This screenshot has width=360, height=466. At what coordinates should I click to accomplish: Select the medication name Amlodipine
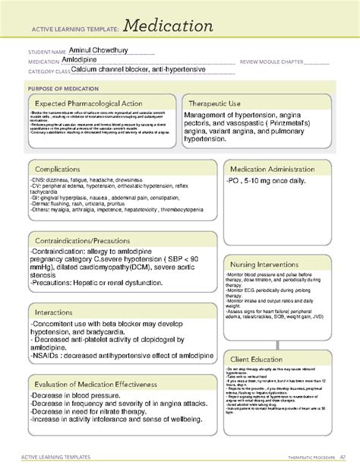pos(81,61)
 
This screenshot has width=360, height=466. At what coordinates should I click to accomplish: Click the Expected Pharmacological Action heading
pos(93,103)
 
